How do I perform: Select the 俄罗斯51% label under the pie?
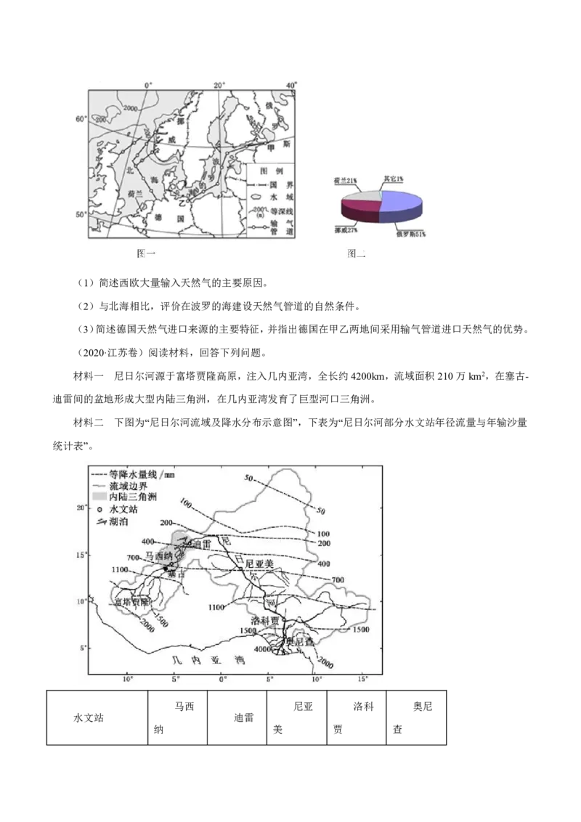(x=410, y=234)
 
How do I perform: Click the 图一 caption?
(x=147, y=253)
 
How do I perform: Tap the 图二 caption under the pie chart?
(x=356, y=254)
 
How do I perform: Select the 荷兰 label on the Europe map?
(x=135, y=194)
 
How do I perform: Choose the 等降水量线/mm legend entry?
(x=142, y=473)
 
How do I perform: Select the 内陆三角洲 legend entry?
(x=133, y=497)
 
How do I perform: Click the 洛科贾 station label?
(x=264, y=622)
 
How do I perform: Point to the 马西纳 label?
(x=159, y=556)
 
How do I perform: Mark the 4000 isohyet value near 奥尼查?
(x=262, y=649)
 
